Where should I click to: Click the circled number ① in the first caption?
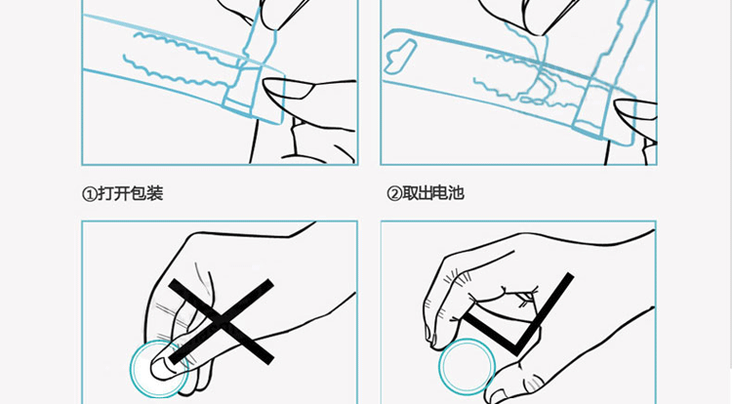(x=88, y=193)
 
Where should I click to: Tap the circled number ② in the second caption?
(x=394, y=193)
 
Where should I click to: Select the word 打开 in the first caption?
(x=111, y=193)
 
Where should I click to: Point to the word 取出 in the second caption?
(x=418, y=193)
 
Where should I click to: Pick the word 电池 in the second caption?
(x=451, y=193)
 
